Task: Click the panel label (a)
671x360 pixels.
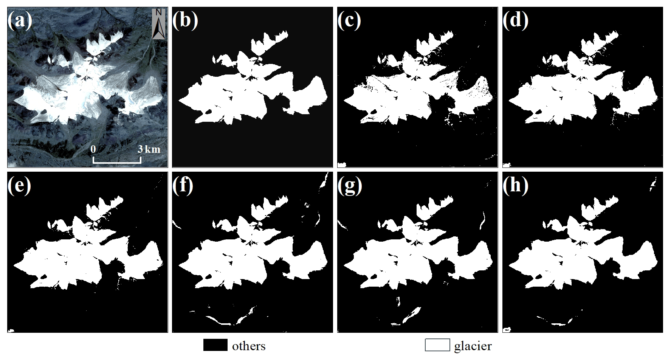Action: pos(20,21)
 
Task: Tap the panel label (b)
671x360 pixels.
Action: pos(185,21)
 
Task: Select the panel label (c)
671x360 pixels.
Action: pos(349,21)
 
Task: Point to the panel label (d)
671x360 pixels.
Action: pos(515,21)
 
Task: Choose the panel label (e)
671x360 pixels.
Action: pos(19,186)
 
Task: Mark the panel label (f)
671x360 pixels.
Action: pos(183,186)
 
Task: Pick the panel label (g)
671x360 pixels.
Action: pos(350,186)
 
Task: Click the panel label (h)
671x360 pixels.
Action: pos(515,186)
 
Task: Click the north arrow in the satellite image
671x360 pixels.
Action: pos(159,23)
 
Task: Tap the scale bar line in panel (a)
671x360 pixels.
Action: pos(117,163)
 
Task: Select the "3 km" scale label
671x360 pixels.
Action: pos(149,149)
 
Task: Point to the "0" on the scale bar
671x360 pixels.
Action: pos(93,149)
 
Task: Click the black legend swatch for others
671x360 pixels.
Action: pos(215,345)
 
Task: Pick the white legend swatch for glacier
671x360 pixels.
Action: pos(437,345)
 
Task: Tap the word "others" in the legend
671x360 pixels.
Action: pos(249,346)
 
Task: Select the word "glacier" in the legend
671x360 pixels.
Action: pos(473,346)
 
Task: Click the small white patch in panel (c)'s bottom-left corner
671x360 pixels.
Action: pos(342,164)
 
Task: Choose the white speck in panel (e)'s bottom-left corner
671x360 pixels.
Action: pos(11,331)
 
